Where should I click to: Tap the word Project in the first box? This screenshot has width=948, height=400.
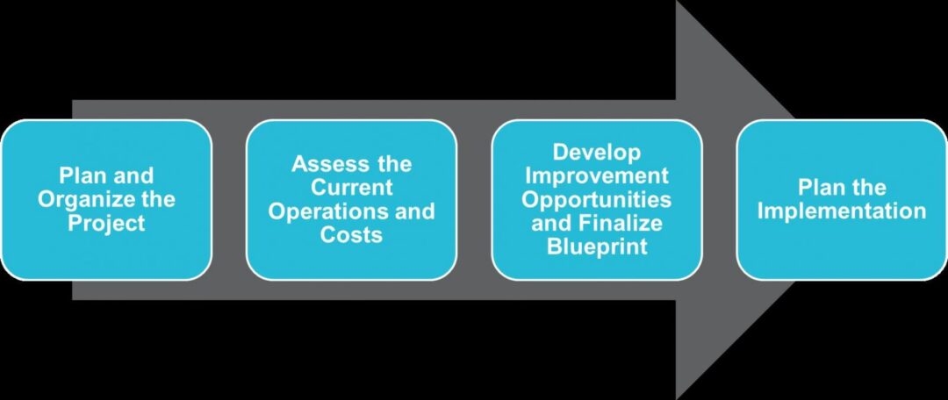pyautogui.click(x=106, y=224)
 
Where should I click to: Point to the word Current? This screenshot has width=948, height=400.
pyautogui.click(x=351, y=188)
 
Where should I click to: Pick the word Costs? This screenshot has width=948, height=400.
pyautogui.click(x=351, y=235)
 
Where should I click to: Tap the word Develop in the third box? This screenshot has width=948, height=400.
pyautogui.click(x=597, y=153)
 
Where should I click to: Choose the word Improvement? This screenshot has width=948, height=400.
pyautogui.click(x=597, y=175)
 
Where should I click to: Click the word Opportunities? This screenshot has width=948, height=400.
pyautogui.click(x=597, y=200)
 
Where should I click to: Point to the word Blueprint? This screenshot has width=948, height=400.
pyautogui.click(x=597, y=247)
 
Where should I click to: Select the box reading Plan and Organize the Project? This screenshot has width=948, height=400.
pyautogui.click(x=106, y=200)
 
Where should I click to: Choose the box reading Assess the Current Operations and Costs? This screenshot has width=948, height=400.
pyautogui.click(x=351, y=200)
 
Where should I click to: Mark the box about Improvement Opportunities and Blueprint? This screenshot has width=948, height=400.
pyautogui.click(x=597, y=200)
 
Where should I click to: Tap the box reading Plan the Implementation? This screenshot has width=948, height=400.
pyautogui.click(x=842, y=200)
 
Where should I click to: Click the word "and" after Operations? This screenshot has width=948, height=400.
pyautogui.click(x=415, y=212)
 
